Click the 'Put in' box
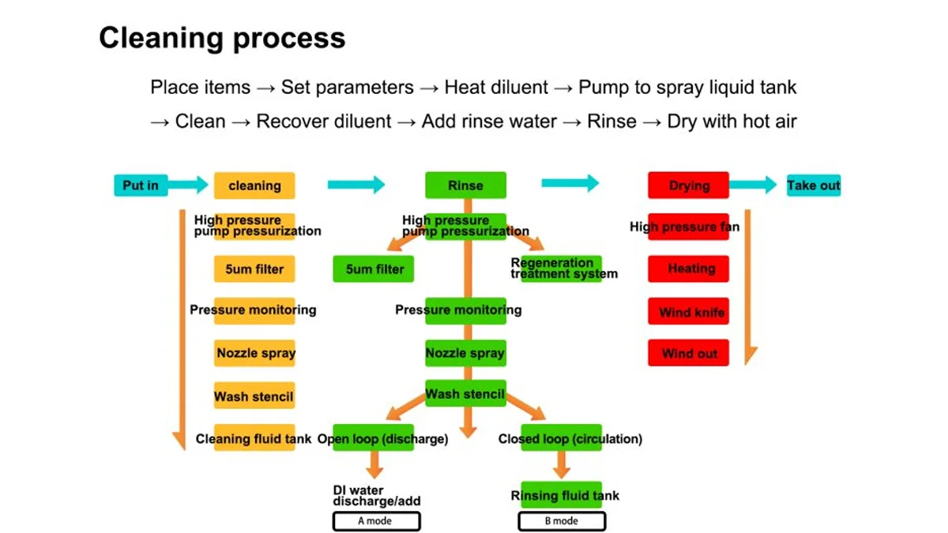[141, 186]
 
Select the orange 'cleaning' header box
[254, 186]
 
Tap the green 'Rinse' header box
[465, 185]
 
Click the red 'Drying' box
[688, 185]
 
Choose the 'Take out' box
[814, 186]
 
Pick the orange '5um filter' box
[254, 268]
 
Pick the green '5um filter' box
[373, 268]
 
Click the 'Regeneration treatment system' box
[561, 268]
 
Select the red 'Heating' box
[688, 268]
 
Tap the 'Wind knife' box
[688, 311]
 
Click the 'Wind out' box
[688, 352]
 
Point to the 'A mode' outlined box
[377, 521]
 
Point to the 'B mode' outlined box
[562, 521]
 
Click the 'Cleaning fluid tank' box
[254, 437]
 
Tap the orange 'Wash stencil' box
[254, 395]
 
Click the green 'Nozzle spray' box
[465, 353]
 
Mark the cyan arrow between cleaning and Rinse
[356, 185]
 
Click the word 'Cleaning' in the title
[162, 39]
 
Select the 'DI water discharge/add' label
[377, 496]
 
